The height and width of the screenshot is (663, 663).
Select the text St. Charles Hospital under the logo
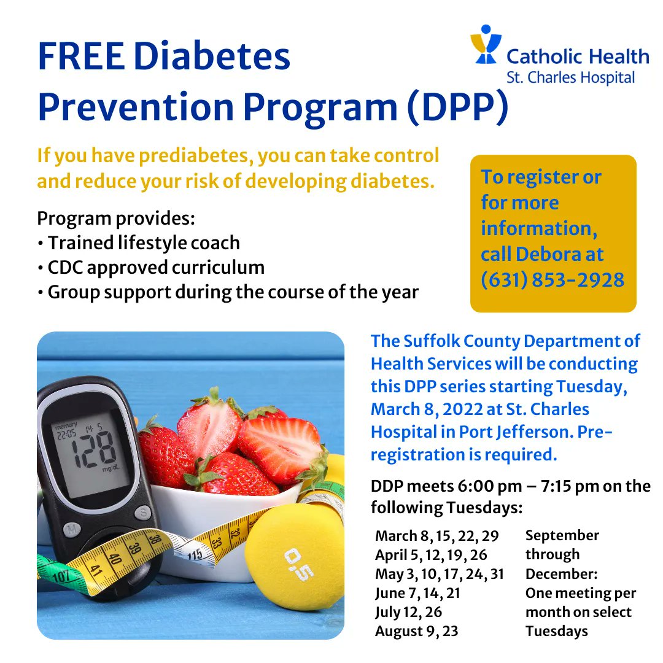pyautogui.click(x=570, y=78)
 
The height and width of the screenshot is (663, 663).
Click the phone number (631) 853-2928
pyautogui.click(x=552, y=280)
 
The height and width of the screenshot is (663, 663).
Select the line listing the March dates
pyautogui.click(x=437, y=535)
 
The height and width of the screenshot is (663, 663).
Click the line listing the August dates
pyautogui.click(x=417, y=631)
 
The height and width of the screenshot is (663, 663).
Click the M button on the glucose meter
pyautogui.click(x=72, y=529)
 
